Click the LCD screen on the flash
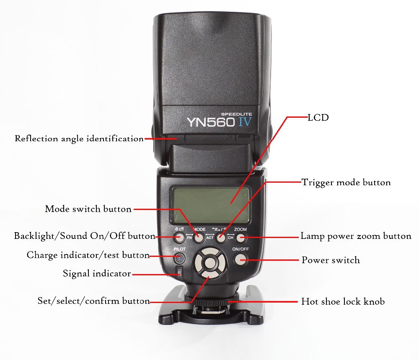coord(211,205)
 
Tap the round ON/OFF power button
coord(241,259)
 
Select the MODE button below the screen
coord(199,238)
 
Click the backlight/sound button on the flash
coord(179,237)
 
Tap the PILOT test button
coord(179,258)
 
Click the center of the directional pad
coord(211,262)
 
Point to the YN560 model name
coord(211,122)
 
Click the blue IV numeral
coord(245,122)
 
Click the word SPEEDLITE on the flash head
coord(236,114)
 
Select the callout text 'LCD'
coord(318,118)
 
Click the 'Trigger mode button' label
coord(346,183)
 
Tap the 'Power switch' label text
coord(331,260)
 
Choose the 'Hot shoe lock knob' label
coord(343,301)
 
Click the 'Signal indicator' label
coord(97,273)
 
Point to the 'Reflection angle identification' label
coord(79,139)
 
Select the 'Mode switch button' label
coord(88,209)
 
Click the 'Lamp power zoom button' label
coord(356,236)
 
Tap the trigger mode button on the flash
coord(221,238)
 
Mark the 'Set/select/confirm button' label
coord(93,301)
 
